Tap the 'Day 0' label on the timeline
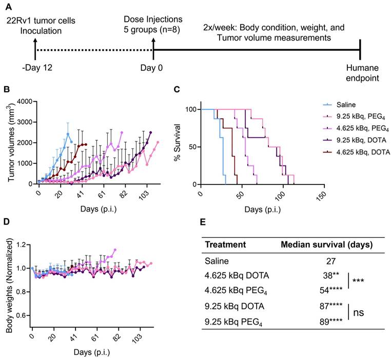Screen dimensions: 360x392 pyautogui.click(x=153, y=68)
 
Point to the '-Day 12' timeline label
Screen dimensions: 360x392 pyautogui.click(x=34, y=68)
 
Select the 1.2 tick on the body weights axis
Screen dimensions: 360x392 pyautogui.click(x=21, y=245)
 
